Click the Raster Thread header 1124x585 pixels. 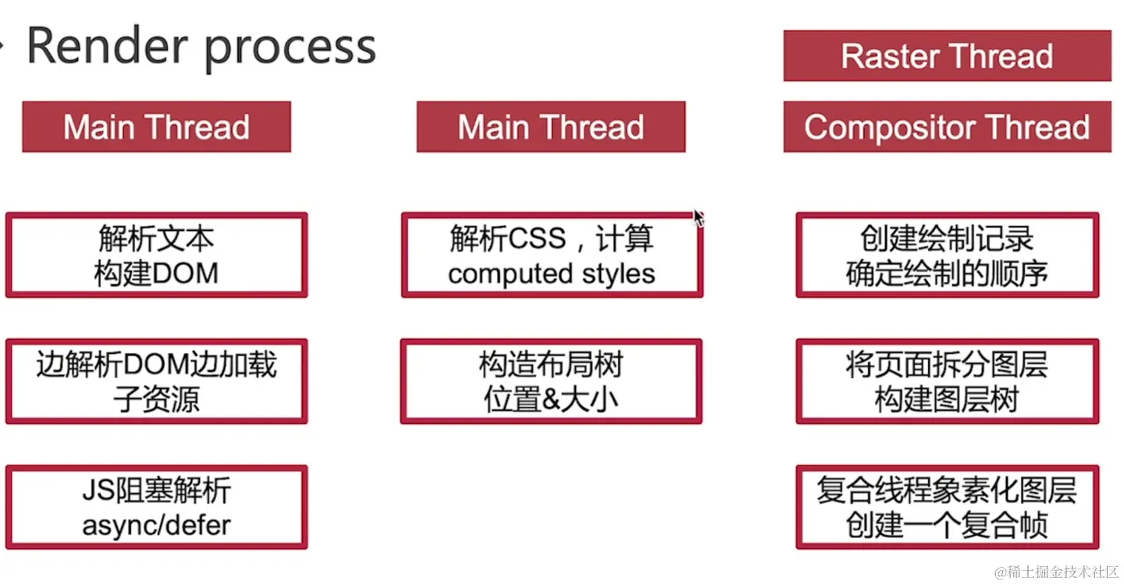tap(947, 55)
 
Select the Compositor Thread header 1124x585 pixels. tap(947, 127)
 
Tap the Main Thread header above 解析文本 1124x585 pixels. tap(156, 127)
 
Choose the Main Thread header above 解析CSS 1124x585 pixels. tap(550, 127)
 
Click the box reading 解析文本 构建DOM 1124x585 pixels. tap(156, 255)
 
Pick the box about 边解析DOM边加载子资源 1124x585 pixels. tap(156, 382)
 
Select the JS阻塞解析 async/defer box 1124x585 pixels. tap(156, 508)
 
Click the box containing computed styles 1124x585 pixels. tap(551, 255)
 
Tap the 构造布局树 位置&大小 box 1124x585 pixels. tap(551, 382)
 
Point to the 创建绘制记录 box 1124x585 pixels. tap(947, 255)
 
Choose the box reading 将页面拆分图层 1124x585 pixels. tap(947, 382)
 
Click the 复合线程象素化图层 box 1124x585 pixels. tap(947, 508)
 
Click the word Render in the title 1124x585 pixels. tap(108, 45)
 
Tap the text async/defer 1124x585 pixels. tap(156, 525)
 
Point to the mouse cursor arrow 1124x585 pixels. tap(698, 217)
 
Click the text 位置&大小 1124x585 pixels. tap(551, 399)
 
